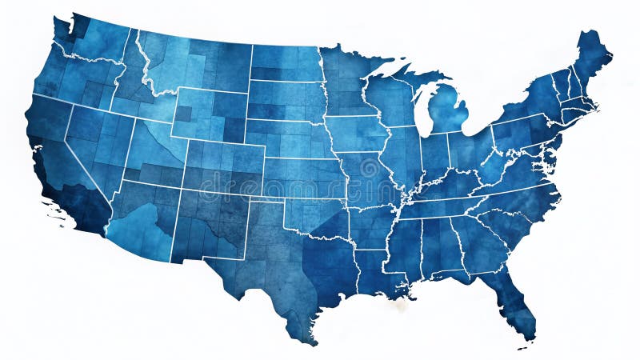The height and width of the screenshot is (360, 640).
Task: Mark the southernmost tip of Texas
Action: tap(308, 340)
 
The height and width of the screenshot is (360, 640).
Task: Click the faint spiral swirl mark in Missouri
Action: tap(369, 170)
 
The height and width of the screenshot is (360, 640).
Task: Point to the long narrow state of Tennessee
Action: tap(448, 207)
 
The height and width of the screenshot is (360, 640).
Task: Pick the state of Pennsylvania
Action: tap(520, 132)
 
